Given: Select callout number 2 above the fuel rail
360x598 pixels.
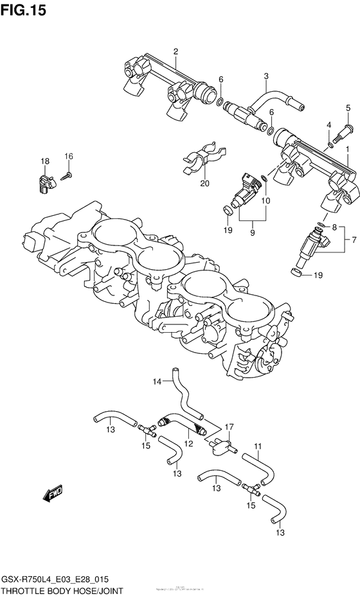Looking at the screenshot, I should click(x=175, y=51).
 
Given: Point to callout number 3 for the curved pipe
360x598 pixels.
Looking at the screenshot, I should click(x=265, y=76).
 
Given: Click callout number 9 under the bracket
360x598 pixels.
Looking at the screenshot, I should click(x=252, y=232).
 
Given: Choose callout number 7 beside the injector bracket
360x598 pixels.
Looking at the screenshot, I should click(x=352, y=241).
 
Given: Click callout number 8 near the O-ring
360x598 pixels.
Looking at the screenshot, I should click(x=334, y=227).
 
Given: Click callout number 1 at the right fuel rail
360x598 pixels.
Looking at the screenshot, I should click(x=348, y=149).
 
